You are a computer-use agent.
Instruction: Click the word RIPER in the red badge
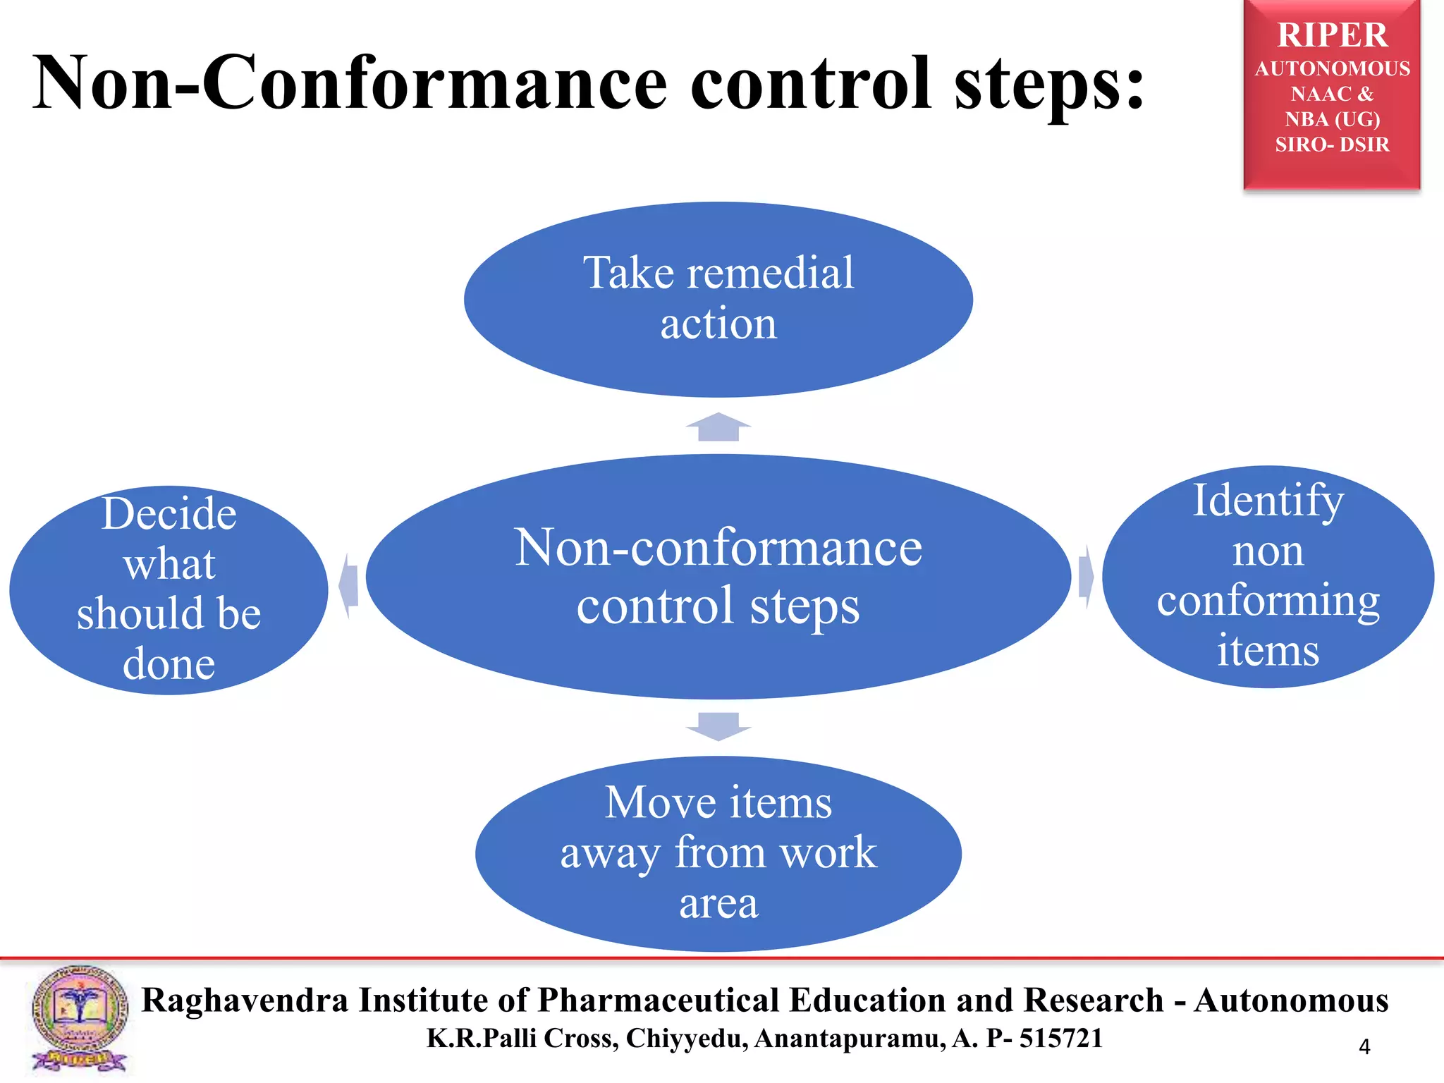(1332, 35)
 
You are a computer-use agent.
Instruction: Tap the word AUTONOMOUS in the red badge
(1332, 69)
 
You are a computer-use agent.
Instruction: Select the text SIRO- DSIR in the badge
(1332, 145)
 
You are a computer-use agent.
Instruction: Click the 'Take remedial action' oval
(718, 299)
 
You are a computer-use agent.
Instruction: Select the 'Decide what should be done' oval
(169, 589)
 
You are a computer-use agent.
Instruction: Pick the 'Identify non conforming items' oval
(1268, 575)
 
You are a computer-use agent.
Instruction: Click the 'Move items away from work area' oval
(718, 853)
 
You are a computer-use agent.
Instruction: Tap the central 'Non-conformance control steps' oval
(718, 575)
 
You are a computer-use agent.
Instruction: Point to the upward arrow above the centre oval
(718, 427)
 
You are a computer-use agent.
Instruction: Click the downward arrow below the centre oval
(718, 726)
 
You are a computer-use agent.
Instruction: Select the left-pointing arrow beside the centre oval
(348, 585)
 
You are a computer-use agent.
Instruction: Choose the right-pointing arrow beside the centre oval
(1087, 577)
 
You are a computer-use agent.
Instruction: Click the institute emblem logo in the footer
(79, 1018)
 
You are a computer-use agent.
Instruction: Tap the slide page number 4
(1364, 1047)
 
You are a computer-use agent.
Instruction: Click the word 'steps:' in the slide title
(1049, 85)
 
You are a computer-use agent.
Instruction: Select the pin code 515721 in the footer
(1060, 1039)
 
